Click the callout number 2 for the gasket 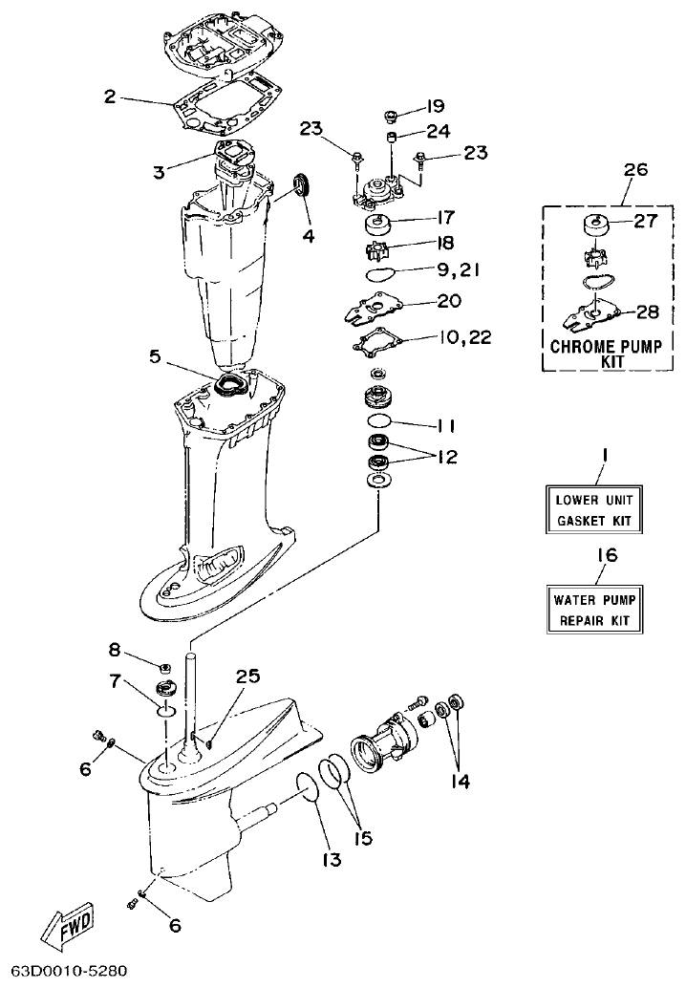(110, 96)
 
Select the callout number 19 (436, 105)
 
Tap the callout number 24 (438, 131)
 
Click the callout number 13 (332, 860)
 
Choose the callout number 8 (115, 651)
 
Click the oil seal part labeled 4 (303, 183)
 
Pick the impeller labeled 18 (381, 250)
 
